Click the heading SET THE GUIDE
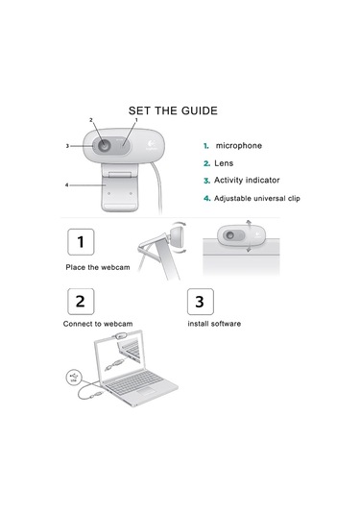173,110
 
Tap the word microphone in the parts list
239,145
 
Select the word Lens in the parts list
224,163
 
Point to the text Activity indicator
247,181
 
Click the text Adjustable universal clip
257,198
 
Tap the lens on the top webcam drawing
105,145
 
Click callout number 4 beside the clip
67,185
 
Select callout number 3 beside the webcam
67,146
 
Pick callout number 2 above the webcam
91,120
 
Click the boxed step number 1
81,242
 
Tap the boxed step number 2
81,302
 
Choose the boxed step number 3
200,302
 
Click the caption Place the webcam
98,267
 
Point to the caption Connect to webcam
98,324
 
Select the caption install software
214,324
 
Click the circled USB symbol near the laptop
74,378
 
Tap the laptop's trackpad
147,391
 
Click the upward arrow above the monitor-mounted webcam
249,226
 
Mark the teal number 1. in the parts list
206,146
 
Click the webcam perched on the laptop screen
120,335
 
